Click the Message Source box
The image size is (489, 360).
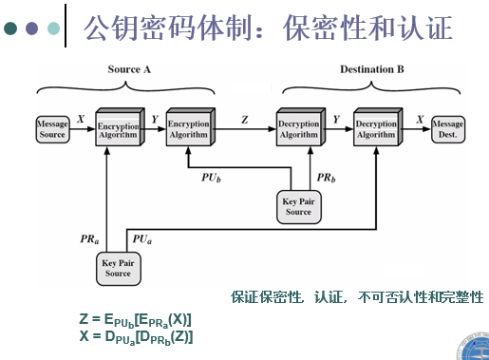(51, 130)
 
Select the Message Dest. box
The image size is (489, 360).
(447, 130)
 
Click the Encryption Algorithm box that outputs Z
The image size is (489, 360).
(188, 130)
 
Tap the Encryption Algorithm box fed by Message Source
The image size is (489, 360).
(116, 130)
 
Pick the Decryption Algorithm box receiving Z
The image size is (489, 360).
(299, 130)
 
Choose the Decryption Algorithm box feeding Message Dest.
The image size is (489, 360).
(375, 130)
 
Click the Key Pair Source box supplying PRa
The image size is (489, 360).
(119, 269)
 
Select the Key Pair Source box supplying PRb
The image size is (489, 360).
(298, 206)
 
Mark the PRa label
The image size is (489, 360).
(90, 241)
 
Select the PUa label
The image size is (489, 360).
(141, 241)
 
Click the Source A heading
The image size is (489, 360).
(130, 69)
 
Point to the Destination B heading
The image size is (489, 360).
(372, 69)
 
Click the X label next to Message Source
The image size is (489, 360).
(81, 120)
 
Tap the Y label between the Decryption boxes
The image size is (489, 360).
(336, 120)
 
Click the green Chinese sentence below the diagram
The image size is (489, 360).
(357, 297)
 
